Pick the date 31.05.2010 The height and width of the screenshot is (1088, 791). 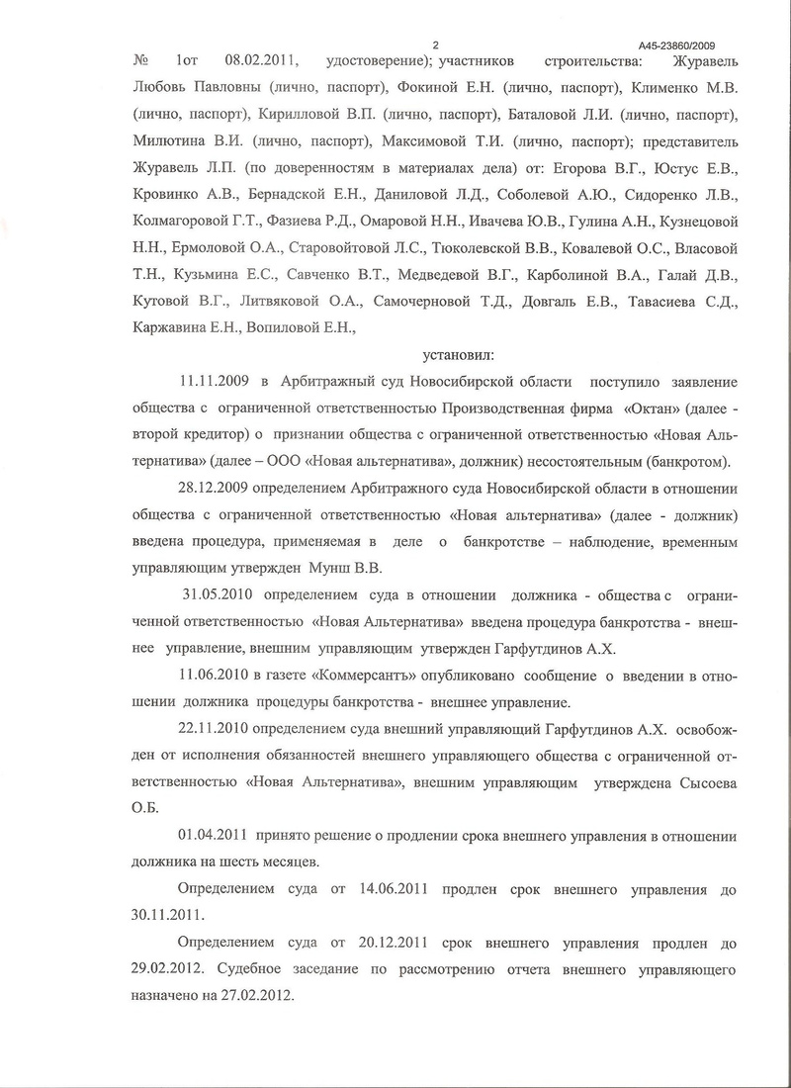(220, 597)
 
